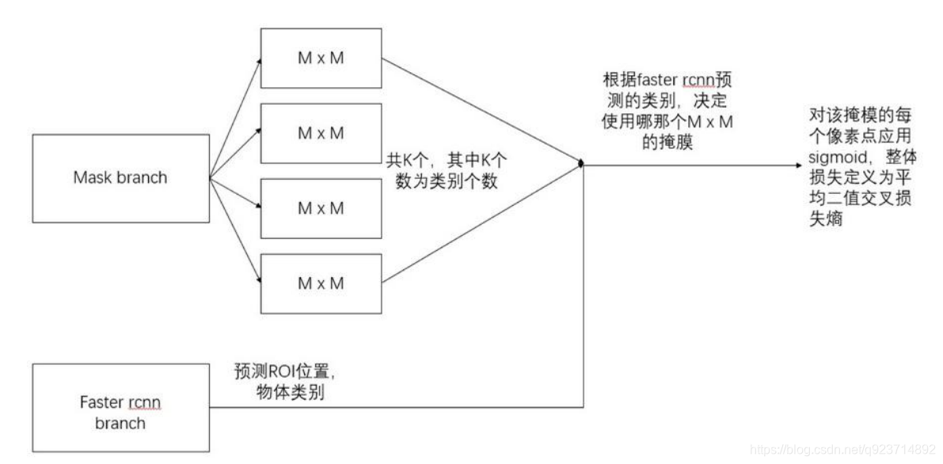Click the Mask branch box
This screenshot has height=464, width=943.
(120, 177)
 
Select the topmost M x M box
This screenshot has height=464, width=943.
(321, 58)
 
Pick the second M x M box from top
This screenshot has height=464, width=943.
(321, 134)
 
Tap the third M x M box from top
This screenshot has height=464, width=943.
(321, 208)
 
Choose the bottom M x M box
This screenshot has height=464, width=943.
(321, 281)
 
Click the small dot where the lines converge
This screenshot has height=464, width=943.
(582, 165)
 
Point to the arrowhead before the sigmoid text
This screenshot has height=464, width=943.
(797, 165)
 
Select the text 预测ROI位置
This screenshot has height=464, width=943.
(288, 372)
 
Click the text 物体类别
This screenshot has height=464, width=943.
(281, 391)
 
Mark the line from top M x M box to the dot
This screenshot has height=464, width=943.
(483, 112)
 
